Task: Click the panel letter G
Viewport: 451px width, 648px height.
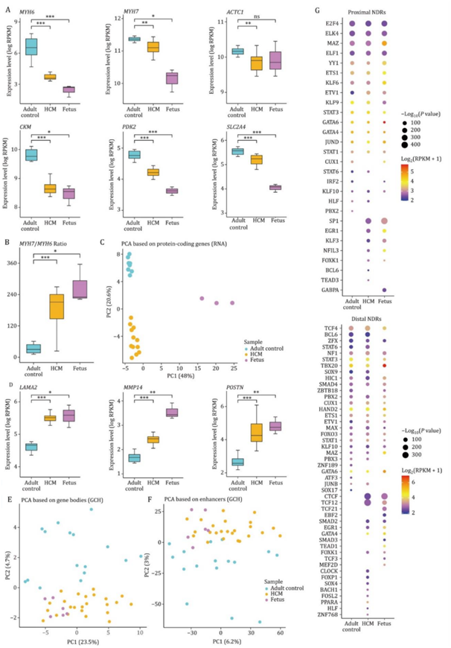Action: [x=318, y=10]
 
